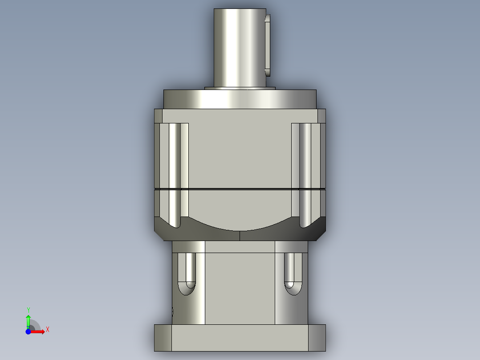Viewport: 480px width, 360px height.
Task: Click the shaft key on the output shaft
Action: point(268,45)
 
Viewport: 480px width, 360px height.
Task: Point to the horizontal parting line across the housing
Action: point(240,189)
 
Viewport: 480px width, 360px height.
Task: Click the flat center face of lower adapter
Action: point(240,285)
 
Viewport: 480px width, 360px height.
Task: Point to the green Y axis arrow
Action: point(28,319)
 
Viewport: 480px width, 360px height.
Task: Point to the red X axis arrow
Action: point(39,331)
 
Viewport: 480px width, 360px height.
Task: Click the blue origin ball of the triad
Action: point(28,331)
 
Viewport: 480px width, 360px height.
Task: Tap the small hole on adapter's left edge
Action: point(172,311)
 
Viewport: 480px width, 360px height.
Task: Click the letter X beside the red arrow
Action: point(47,330)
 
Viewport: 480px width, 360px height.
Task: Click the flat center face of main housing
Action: point(240,151)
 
